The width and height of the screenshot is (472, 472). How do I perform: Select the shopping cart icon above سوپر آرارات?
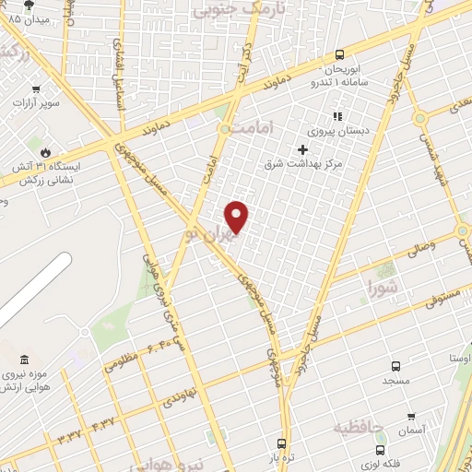coord(36,89)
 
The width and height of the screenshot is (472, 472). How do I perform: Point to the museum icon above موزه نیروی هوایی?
coord(23,358)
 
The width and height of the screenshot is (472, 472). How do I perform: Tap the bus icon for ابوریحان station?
coord(340,54)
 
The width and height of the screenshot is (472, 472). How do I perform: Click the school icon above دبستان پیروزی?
coord(337,117)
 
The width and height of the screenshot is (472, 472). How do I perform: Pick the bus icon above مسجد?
coord(396,365)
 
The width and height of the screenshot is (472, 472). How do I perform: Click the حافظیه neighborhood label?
coord(360,426)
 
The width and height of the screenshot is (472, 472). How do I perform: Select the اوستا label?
coord(459,358)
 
